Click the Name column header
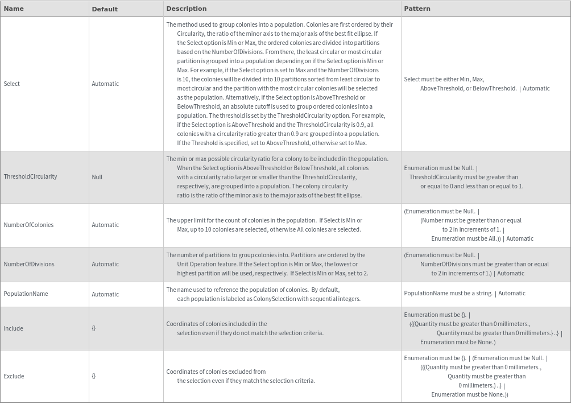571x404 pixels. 14,9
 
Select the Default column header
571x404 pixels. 105,9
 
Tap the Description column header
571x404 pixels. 187,9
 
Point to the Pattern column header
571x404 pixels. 417,9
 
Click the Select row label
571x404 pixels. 12,84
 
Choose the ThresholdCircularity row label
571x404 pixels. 30,176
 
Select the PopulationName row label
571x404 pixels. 26,294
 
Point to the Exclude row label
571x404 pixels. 14,376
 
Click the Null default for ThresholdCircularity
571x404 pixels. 97,177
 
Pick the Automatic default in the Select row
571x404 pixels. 105,84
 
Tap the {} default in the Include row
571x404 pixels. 94,328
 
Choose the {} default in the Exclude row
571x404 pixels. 94,376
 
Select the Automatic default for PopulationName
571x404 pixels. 105,294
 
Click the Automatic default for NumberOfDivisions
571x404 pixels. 105,264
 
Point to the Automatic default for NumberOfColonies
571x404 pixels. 105,225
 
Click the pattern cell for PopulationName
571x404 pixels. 465,293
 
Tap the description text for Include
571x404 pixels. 245,328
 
